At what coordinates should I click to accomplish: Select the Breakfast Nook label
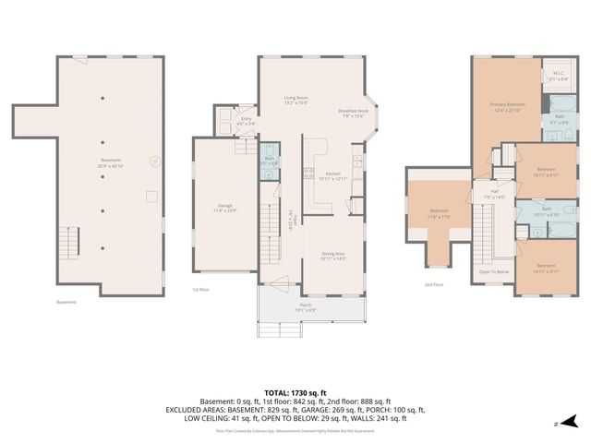pos(354,112)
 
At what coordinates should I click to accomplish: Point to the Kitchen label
pos(332,175)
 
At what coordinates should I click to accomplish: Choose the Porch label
pos(306,307)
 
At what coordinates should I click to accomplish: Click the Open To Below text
pos(494,272)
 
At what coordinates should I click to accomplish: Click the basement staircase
pos(70,243)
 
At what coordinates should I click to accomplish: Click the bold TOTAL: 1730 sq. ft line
pos(295,393)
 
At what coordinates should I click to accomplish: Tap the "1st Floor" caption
pos(201,289)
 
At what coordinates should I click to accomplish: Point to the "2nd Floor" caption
pos(432,285)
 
